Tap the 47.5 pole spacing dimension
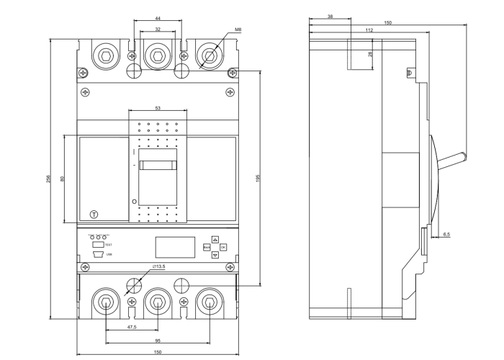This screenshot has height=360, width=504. tap(132, 327)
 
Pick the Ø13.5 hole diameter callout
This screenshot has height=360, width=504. tap(159, 266)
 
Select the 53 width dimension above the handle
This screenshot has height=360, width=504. tap(158, 108)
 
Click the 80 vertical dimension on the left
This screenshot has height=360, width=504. tap(63, 179)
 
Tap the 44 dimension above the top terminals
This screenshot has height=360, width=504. tap(158, 17)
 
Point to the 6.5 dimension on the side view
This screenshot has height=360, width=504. tap(446, 234)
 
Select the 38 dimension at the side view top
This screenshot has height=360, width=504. tap(330, 16)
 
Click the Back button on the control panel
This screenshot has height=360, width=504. tap(207, 247)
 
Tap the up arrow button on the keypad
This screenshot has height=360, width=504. tap(215, 239)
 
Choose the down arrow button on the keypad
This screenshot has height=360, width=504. tap(215, 255)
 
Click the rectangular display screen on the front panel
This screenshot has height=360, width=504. tap(175, 247)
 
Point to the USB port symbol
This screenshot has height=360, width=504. tap(98, 254)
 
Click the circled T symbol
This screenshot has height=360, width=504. tap(93, 215)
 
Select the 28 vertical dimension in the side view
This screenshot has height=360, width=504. tap(370, 55)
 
